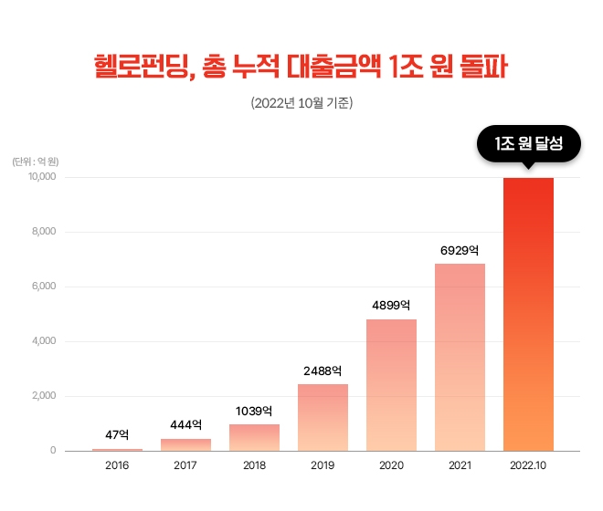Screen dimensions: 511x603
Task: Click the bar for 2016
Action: tap(117, 449)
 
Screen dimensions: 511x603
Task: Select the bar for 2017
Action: tap(185, 444)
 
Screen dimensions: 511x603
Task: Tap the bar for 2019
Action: tap(323, 417)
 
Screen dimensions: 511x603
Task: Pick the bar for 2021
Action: tap(460, 357)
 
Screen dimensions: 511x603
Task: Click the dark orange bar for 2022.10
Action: tap(528, 314)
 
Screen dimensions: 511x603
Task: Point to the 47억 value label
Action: tap(117, 434)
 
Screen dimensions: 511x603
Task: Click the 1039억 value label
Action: tap(254, 411)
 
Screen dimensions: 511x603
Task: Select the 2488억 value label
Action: tap(323, 370)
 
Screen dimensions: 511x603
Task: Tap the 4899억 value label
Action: tap(391, 305)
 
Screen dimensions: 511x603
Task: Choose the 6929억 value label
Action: tap(460, 249)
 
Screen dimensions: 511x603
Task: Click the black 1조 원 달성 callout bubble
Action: tap(528, 144)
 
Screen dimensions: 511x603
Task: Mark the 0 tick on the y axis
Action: tap(53, 451)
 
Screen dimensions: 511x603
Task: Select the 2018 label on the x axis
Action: tap(254, 465)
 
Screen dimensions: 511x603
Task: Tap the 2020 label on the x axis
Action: tap(391, 465)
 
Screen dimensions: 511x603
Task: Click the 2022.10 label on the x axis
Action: tap(528, 465)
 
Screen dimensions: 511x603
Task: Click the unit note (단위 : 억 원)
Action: tap(36, 162)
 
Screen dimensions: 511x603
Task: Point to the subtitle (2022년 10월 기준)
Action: tap(301, 103)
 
